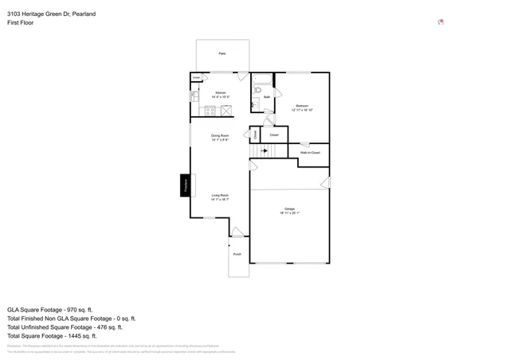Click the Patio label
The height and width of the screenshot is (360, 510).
[222, 53]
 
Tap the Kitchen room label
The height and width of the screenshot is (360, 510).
[221, 94]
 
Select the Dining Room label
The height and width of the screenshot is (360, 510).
[220, 137]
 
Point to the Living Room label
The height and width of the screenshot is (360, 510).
[220, 197]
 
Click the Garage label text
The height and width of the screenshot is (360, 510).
[289, 210]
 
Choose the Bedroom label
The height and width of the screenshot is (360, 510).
[302, 108]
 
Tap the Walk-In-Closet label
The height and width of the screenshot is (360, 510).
[310, 152]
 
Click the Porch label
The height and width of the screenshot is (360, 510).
[237, 255]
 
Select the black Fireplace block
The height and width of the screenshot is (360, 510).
[185, 186]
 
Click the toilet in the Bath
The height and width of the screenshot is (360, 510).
[257, 91]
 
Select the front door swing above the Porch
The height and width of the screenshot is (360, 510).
[237, 232]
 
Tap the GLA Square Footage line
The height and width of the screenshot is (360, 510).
[50, 309]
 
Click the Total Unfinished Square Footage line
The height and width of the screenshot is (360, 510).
[65, 327]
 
